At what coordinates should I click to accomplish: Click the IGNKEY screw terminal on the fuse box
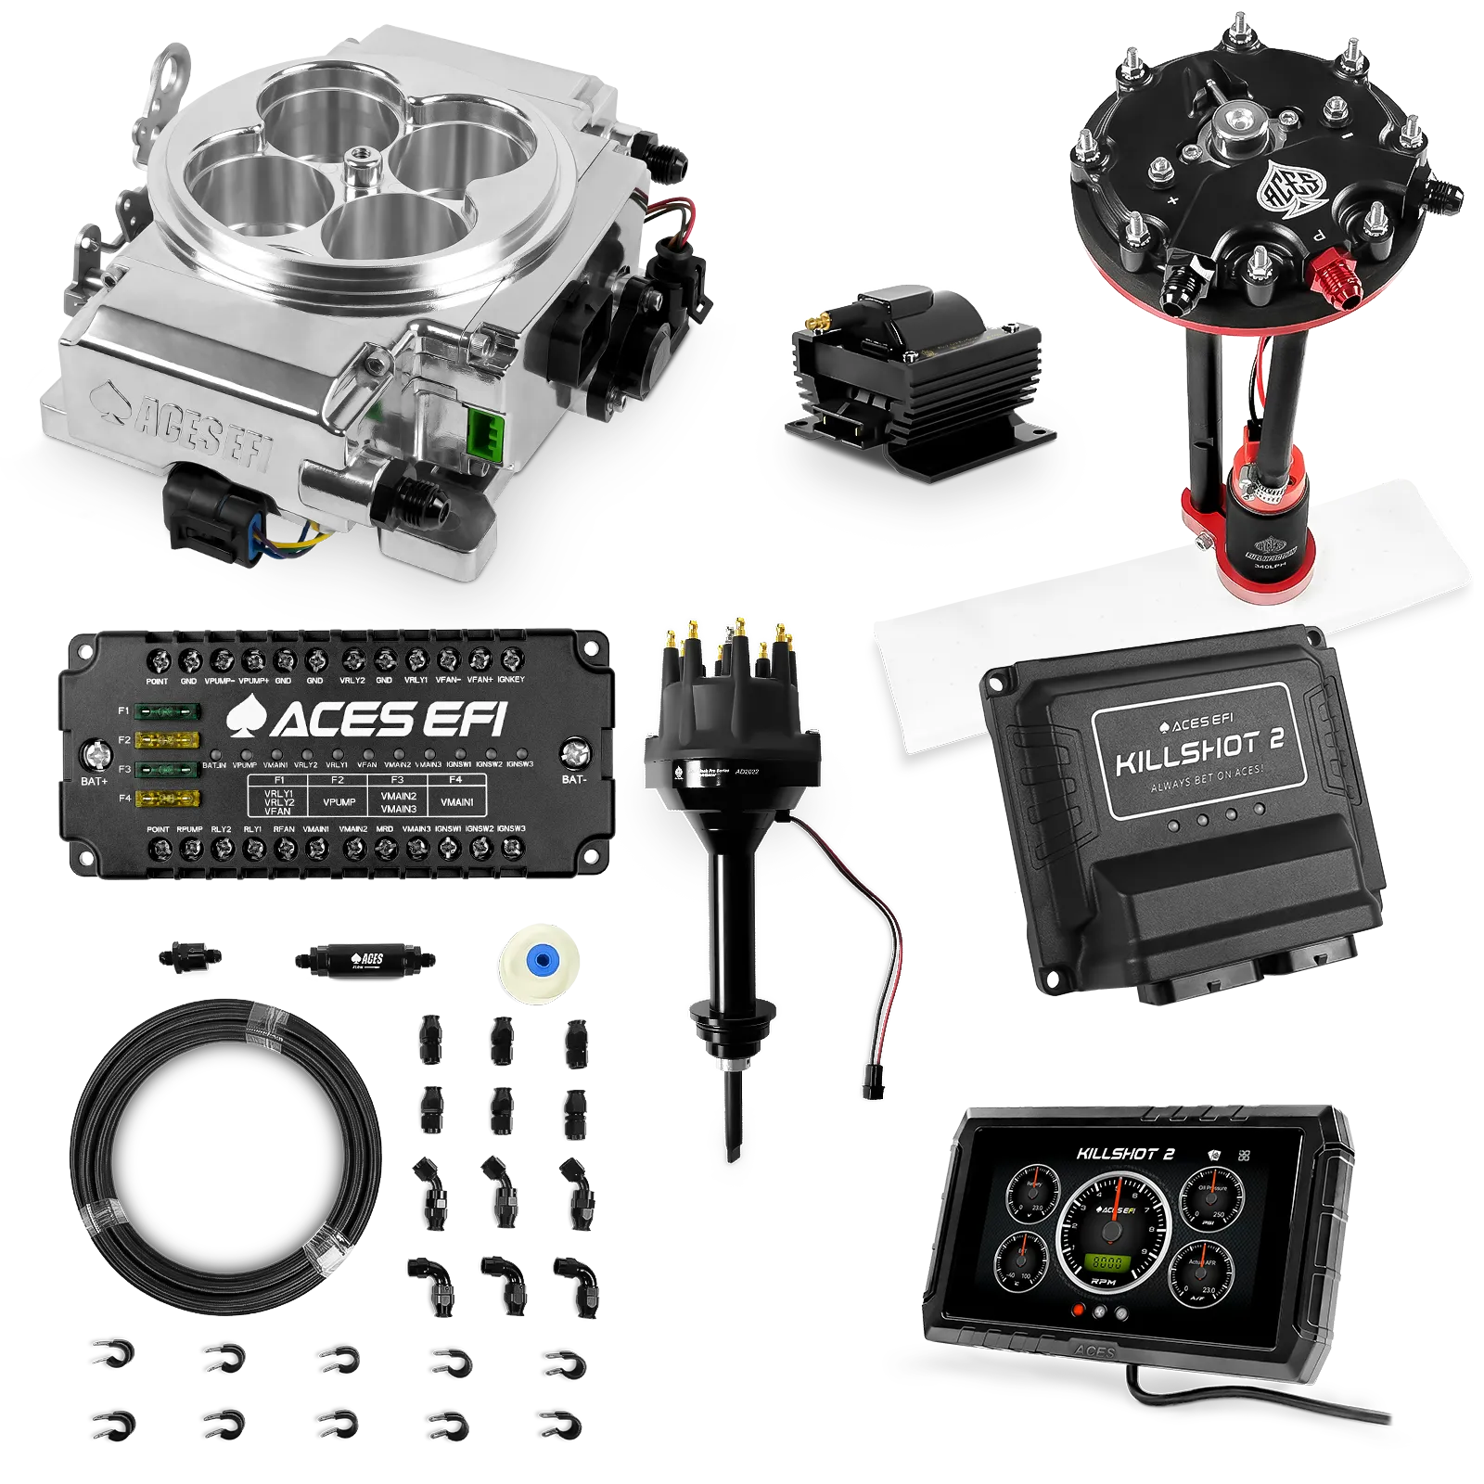click(x=511, y=659)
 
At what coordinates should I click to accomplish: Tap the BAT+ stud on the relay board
click(x=94, y=757)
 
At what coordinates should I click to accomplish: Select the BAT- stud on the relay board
click(x=576, y=753)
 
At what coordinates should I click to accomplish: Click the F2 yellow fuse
click(x=168, y=739)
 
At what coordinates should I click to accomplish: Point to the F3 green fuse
click(x=168, y=769)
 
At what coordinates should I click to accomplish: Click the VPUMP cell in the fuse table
click(x=339, y=801)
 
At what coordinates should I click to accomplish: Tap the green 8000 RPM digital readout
click(x=1107, y=1262)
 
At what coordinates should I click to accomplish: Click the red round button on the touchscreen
click(x=1078, y=1311)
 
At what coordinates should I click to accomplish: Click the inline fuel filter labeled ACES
click(x=365, y=959)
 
